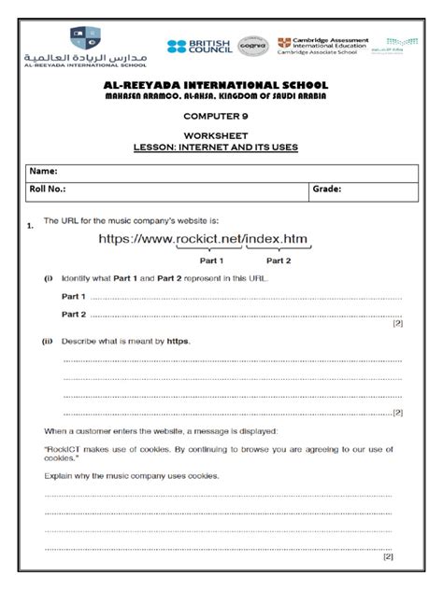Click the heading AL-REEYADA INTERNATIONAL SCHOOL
pos(221,85)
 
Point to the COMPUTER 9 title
pos(221,118)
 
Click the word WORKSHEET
pos(221,135)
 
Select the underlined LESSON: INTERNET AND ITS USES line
pos(221,147)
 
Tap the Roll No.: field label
pos(49,190)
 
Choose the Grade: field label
pos(326,190)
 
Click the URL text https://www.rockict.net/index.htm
pos(205,241)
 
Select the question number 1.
pos(31,225)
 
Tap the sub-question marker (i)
pos(48,279)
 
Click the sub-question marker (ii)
pos(48,342)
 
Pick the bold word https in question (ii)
pos(179,342)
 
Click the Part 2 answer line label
pos(74,314)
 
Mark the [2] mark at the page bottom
pos(388,556)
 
